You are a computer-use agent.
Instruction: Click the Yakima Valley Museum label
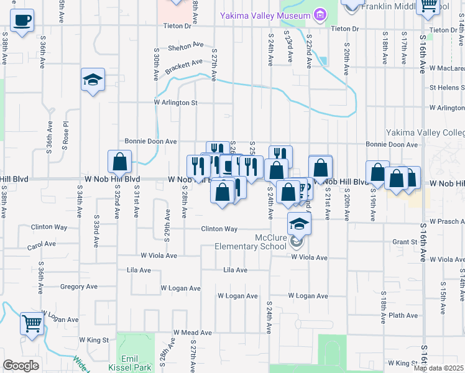265,15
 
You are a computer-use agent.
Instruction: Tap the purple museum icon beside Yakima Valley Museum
320,14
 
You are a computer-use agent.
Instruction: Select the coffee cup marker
22,20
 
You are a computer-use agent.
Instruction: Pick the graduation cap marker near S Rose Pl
93,80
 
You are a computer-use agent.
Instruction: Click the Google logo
21,366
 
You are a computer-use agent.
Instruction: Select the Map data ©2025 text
438,368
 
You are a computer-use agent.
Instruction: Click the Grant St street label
403,242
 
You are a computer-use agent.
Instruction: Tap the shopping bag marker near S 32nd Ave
119,162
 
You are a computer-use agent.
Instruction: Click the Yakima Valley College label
425,132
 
